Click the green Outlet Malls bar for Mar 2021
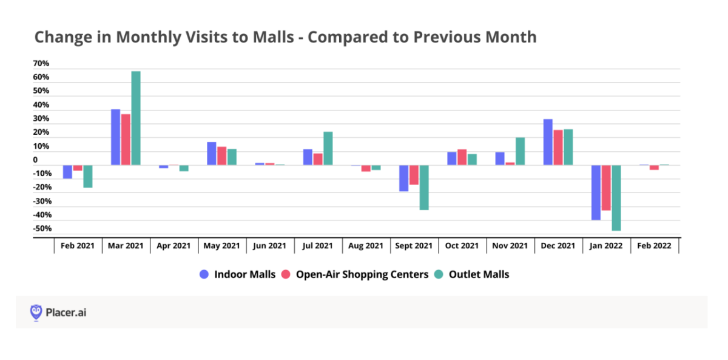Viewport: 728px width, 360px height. [136, 118]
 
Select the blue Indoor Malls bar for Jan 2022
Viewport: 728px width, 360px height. [596, 192]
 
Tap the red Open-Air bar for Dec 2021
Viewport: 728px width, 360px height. [558, 148]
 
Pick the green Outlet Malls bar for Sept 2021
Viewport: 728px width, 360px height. [424, 188]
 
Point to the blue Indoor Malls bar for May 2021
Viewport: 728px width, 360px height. [212, 154]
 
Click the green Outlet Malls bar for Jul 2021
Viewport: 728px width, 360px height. [328, 148]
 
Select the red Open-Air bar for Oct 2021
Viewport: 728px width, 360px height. [462, 157]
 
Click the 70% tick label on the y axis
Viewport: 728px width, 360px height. [41, 64]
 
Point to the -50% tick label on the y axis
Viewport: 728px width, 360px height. [43, 229]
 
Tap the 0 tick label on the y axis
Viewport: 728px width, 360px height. [35, 160]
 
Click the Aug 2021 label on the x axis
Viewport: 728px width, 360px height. [366, 246]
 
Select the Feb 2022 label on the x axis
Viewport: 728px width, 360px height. [655, 246]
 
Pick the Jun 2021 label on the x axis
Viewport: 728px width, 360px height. [270, 246]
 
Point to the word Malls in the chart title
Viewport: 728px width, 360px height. [273, 37]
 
